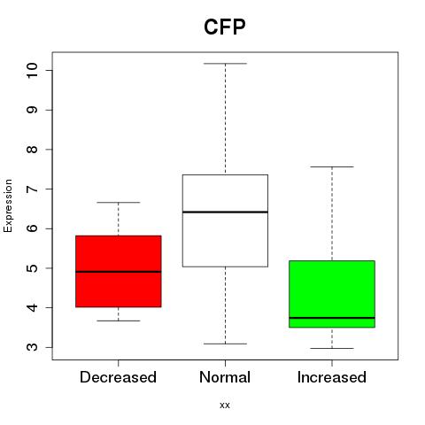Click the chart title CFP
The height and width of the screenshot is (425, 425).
coord(225,27)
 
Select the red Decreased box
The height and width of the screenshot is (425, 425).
coord(119,271)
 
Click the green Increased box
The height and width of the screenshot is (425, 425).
coord(332,294)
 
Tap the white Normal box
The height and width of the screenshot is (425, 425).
coord(225,220)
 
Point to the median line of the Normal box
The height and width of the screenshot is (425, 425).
coord(225,212)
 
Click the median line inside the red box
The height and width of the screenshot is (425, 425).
coord(119,272)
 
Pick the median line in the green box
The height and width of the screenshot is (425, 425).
coord(332,318)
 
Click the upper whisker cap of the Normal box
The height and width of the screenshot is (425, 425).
coord(225,64)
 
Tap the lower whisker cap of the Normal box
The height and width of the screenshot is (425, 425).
coord(225,344)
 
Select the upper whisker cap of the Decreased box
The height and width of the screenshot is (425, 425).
coord(119,203)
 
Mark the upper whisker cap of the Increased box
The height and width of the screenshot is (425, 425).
coord(332,167)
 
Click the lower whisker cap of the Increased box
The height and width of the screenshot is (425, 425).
coord(332,348)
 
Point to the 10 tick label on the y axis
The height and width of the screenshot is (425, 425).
coord(32,70)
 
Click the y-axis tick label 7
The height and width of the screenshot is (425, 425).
coord(32,189)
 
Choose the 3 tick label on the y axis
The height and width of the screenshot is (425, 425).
coord(32,347)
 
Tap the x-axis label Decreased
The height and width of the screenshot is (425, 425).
coord(118,377)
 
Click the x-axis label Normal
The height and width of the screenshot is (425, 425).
coord(225,377)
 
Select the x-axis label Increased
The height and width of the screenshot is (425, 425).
coord(332,377)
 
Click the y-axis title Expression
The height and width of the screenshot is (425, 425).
coord(8,205)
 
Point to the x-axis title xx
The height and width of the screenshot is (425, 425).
coord(225,406)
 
